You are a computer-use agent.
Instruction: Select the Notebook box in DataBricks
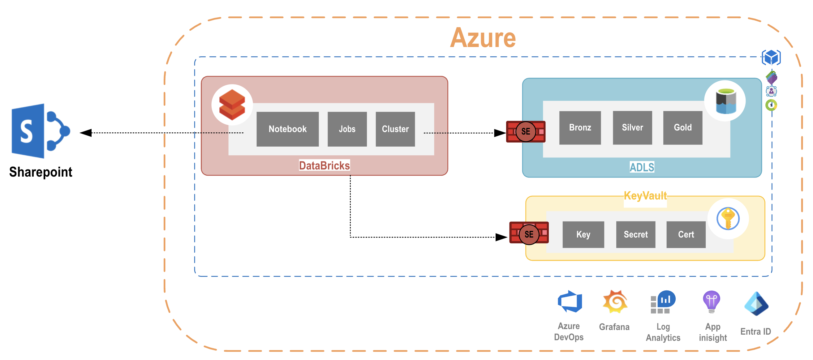[287, 129]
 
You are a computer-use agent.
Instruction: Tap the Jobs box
[347, 129]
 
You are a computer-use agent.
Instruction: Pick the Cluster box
[395, 129]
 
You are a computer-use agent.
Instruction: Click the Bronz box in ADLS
[580, 127]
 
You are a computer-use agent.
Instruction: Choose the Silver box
[632, 127]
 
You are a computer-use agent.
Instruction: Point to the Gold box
[682, 127]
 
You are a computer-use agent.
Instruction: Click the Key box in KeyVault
[583, 234]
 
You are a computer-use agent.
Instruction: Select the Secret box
[635, 234]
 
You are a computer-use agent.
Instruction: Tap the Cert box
[686, 234]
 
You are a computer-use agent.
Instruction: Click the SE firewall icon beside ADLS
[526, 131]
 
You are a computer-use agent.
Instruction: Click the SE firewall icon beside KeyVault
[529, 234]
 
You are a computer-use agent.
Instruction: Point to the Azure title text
[483, 38]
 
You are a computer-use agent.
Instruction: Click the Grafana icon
[614, 302]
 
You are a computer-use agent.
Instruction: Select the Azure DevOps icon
[570, 302]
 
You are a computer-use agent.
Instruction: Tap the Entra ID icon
[756, 303]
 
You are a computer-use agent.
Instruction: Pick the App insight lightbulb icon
[712, 302]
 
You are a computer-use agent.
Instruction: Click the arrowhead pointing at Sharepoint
[85, 133]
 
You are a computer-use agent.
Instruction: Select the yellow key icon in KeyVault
[728, 218]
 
